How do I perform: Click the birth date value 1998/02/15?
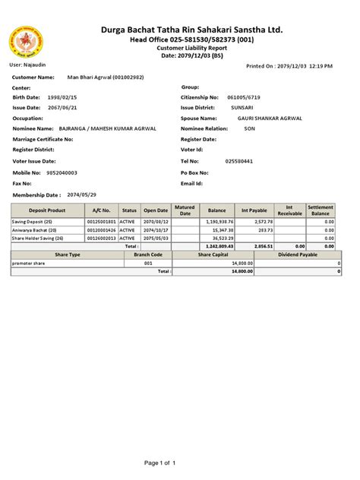(x=63, y=98)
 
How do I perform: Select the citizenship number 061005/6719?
(x=245, y=98)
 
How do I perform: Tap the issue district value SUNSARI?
(x=243, y=109)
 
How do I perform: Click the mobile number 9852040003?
(x=62, y=172)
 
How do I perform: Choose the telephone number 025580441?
(x=239, y=162)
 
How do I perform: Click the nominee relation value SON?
(x=249, y=130)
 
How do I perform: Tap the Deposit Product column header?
(x=47, y=210)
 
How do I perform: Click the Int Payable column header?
(x=254, y=210)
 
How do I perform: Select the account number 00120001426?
(x=102, y=229)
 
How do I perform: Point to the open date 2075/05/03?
(x=156, y=238)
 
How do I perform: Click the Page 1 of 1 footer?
(x=159, y=463)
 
